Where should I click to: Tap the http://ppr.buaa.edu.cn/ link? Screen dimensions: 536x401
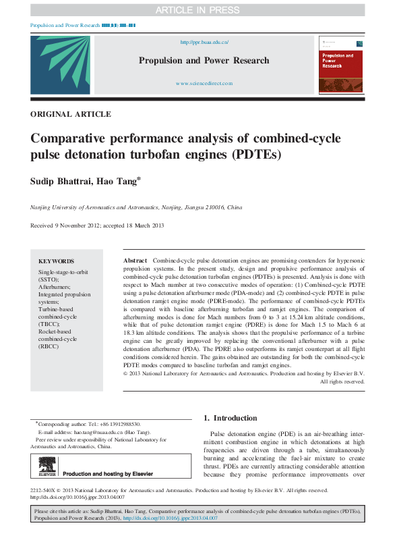(204, 42)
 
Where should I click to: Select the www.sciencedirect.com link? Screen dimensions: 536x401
(204, 83)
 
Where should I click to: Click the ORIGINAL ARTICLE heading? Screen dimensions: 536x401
(71, 114)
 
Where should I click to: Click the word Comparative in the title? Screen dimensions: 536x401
(70, 139)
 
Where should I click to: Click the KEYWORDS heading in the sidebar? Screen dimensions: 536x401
(56, 261)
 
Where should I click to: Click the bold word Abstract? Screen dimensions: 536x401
(135, 261)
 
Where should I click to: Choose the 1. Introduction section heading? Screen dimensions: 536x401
(230, 418)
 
